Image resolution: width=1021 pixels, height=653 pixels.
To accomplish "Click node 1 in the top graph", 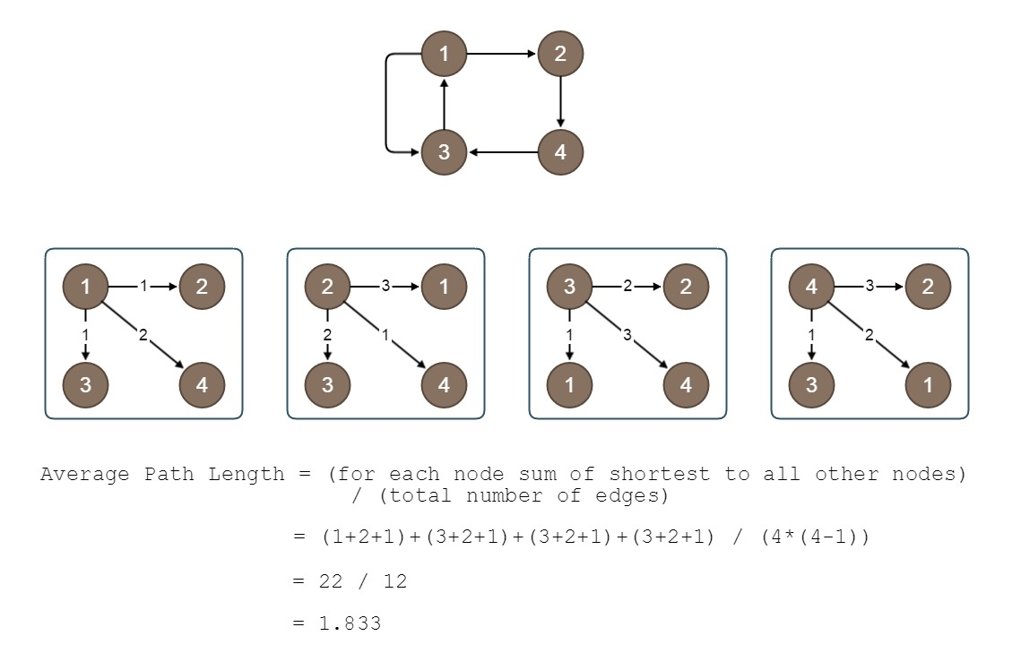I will [445, 54].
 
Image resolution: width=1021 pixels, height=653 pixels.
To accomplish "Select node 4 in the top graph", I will [560, 151].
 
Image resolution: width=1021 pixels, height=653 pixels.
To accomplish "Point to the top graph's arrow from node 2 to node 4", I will [560, 102].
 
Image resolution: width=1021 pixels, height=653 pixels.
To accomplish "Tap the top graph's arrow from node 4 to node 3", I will [502, 151].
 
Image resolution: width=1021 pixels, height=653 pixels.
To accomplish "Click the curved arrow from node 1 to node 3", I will [387, 102].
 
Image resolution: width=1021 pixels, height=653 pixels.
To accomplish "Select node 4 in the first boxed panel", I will [202, 385].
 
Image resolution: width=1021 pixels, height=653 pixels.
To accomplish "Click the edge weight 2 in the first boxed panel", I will [143, 335].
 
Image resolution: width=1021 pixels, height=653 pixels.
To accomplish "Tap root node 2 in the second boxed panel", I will [327, 287].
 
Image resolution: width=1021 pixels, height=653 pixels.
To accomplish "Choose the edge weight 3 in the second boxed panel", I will [385, 287].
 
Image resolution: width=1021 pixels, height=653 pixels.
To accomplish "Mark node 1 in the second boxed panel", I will [444, 287].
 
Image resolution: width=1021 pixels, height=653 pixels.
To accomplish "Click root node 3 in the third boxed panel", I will [569, 287].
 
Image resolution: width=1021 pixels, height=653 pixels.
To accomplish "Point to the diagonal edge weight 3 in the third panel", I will [627, 335].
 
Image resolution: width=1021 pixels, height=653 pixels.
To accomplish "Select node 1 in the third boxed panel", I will [569, 385].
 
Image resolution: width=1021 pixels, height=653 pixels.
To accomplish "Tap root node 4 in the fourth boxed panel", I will [811, 287].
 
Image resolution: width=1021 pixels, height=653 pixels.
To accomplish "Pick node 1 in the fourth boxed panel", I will [928, 385].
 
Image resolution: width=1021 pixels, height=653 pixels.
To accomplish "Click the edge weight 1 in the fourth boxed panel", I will [811, 335].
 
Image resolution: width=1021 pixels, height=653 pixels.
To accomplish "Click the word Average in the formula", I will [85, 474].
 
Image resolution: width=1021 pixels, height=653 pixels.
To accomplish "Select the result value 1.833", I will [350, 623].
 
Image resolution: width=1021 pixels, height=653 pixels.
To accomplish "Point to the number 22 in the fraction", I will [331, 581].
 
